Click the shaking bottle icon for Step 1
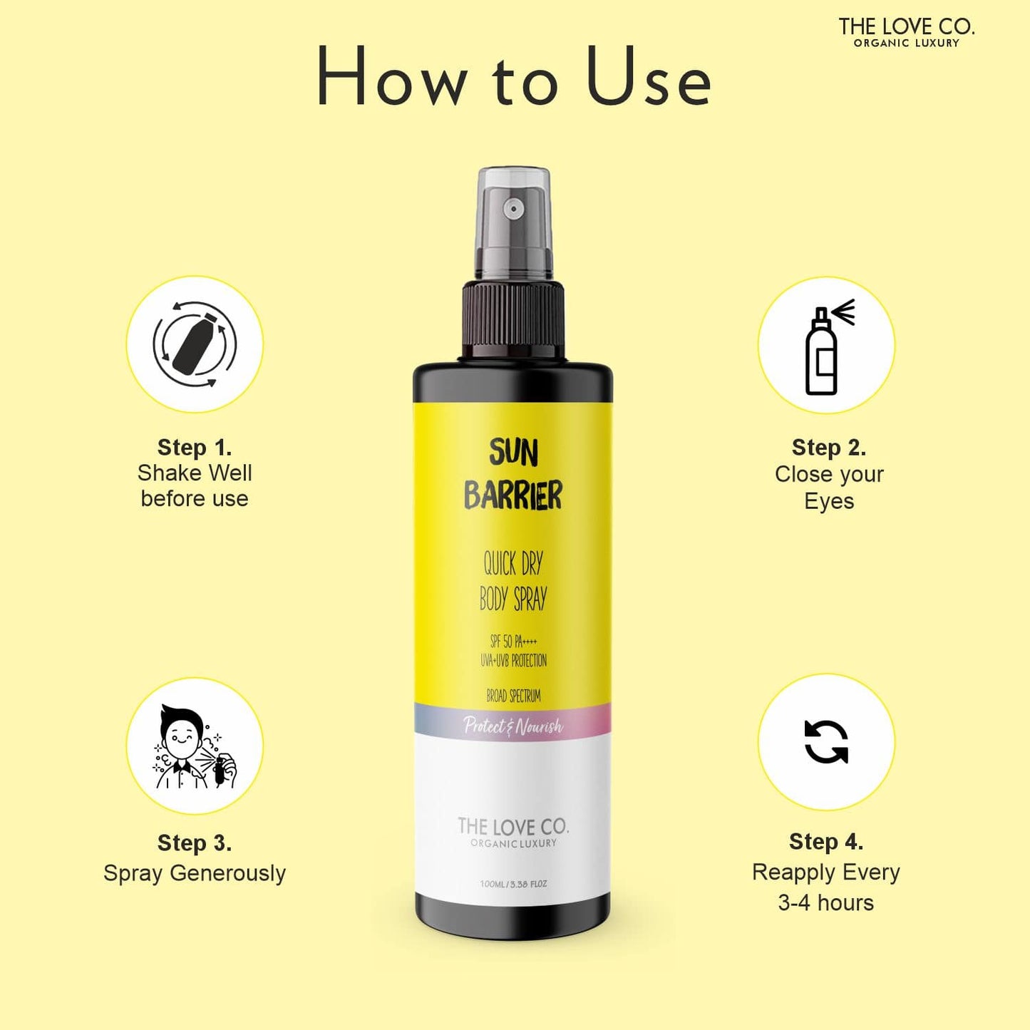[x=195, y=344]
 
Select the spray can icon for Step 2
[x=826, y=346]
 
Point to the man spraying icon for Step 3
[x=195, y=746]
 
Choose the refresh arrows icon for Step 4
[x=826, y=742]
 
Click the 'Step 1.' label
[x=195, y=448]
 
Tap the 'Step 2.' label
[x=829, y=448]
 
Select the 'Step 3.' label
[x=195, y=843]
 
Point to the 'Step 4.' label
[x=826, y=841]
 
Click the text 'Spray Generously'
[x=195, y=872]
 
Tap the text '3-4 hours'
[x=826, y=902]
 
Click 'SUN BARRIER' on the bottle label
[x=513, y=474]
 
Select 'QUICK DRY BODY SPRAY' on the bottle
[x=513, y=581]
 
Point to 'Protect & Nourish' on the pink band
[x=513, y=726]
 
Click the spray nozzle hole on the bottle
[x=513, y=209]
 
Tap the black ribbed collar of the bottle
[x=513, y=319]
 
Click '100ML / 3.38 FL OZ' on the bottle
[x=513, y=884]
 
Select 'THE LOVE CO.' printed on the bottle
[x=513, y=827]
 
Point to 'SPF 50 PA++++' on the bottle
[x=513, y=642]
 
